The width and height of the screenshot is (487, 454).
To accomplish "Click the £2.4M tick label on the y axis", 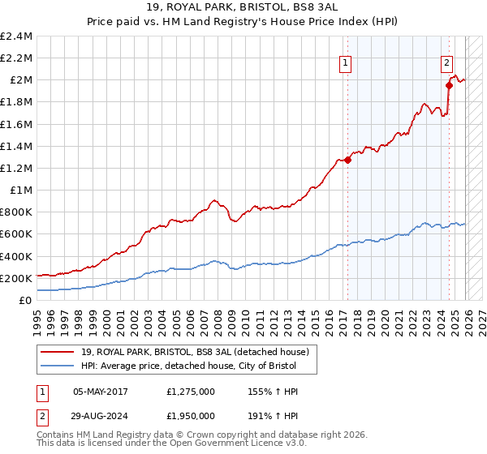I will point(16,36).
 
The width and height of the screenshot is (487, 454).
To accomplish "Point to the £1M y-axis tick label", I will point(21,190).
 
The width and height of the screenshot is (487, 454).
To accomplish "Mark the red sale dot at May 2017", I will point(347,160).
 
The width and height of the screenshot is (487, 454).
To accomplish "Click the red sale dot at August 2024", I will point(449,85).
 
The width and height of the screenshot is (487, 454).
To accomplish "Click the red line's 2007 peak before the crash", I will point(213,199).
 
